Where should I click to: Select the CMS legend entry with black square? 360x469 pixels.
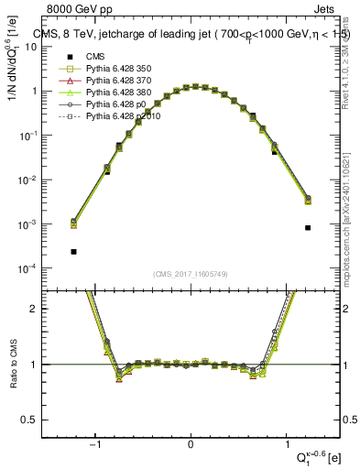pyautogui.click(x=82, y=57)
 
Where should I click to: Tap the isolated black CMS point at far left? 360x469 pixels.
pyautogui.click(x=73, y=251)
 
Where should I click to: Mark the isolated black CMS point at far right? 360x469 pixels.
pyautogui.click(x=308, y=227)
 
